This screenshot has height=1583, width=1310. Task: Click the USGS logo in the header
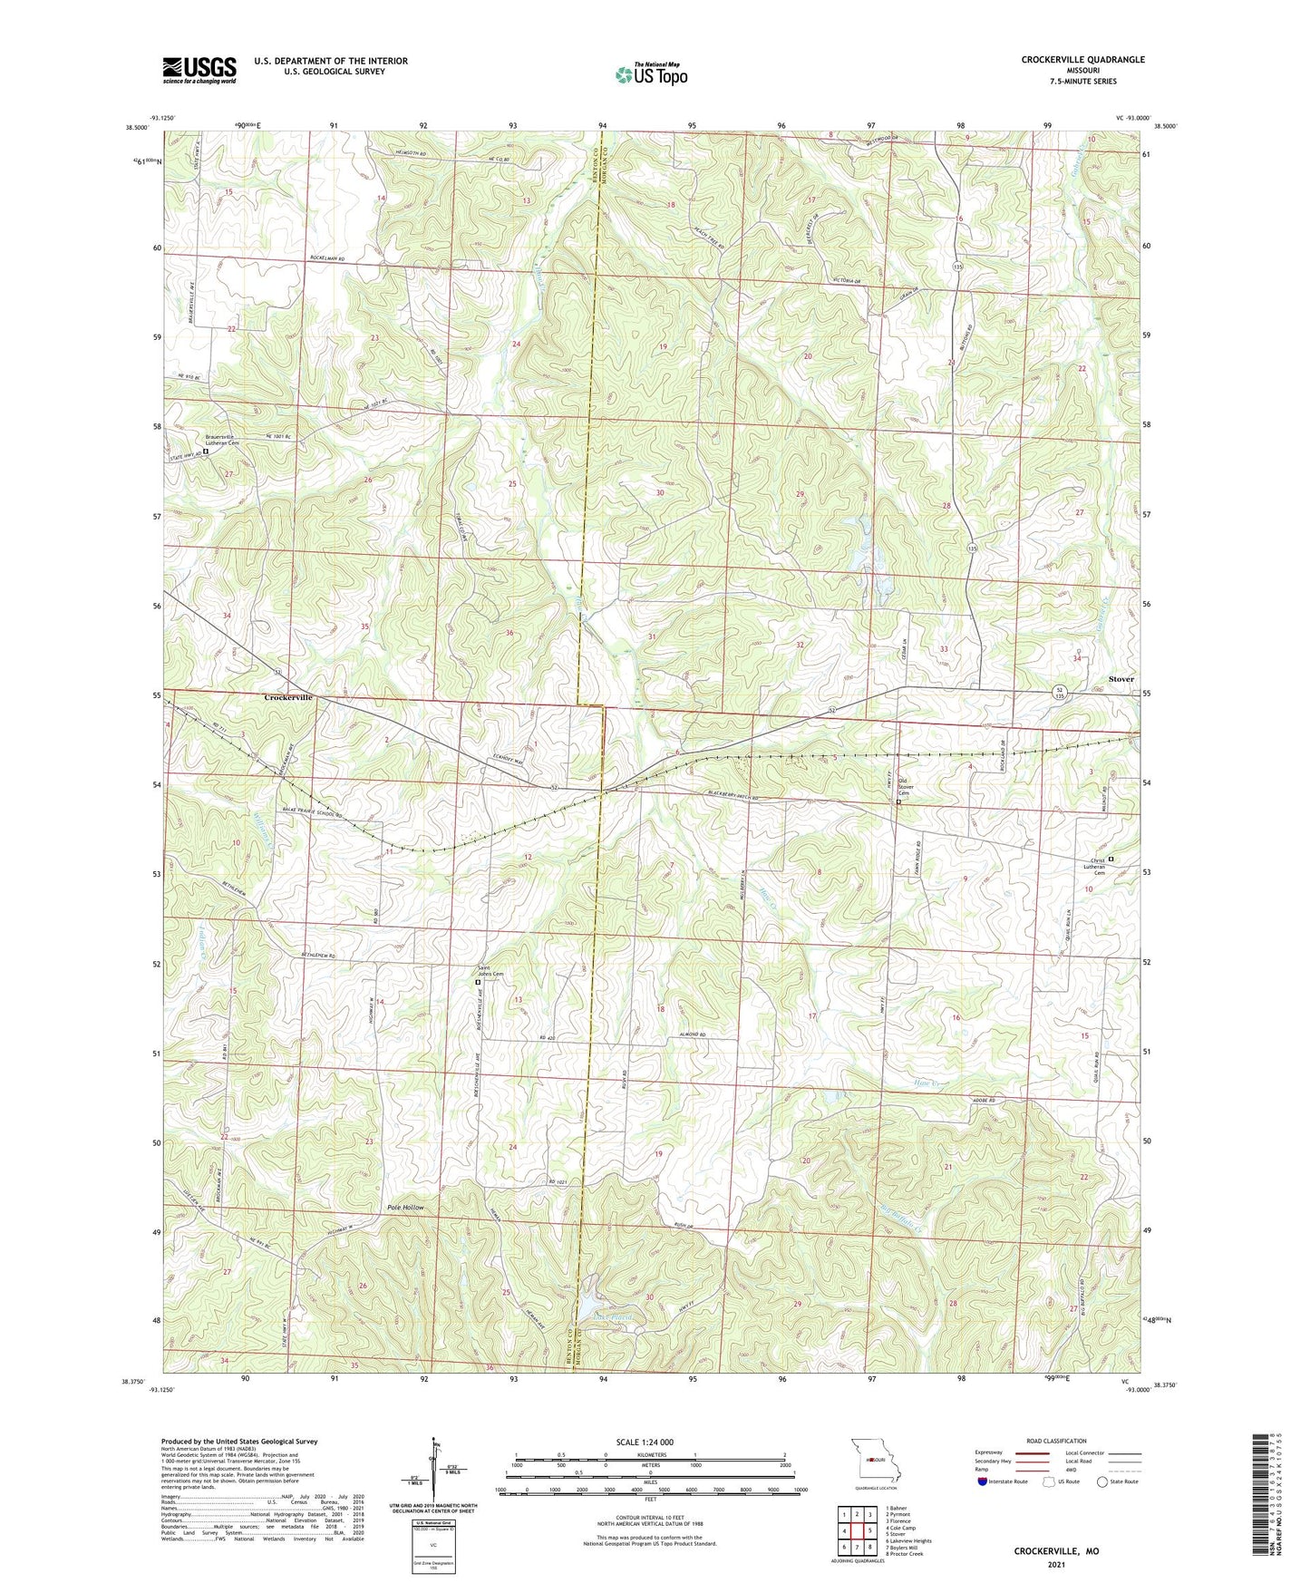(x=199, y=69)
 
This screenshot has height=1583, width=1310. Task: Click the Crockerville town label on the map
(x=288, y=697)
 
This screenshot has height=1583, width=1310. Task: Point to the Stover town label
(x=1121, y=679)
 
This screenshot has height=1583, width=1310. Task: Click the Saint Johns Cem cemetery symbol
(x=479, y=982)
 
